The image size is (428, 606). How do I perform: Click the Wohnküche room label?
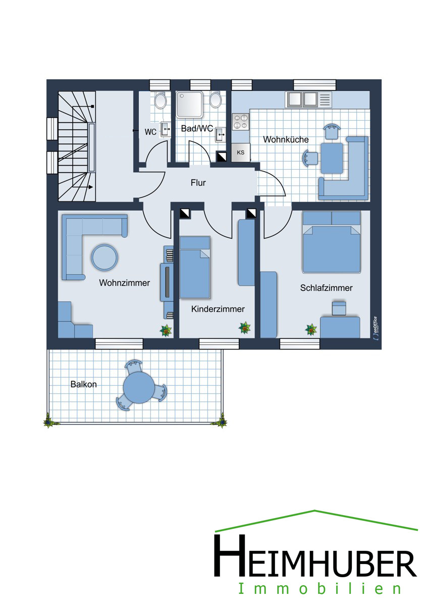point(286,139)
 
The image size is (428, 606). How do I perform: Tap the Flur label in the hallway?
point(198,183)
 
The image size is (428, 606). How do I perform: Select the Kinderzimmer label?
point(218,309)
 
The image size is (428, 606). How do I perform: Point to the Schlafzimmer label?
point(327,288)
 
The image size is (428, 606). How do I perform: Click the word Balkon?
point(84,384)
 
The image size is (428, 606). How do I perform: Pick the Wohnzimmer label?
point(124,283)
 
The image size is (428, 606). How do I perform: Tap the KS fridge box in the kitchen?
point(241,153)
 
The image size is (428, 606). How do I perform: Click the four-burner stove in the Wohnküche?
point(241,122)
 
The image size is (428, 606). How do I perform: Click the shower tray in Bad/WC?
point(190,104)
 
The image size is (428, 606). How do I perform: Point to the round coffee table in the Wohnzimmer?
point(104,257)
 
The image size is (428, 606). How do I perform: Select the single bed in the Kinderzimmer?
point(195,267)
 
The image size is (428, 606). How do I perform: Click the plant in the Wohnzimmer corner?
point(166,330)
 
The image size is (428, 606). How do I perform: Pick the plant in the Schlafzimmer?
point(311,329)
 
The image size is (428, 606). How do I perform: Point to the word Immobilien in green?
point(319,589)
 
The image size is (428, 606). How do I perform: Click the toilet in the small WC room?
point(160,100)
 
